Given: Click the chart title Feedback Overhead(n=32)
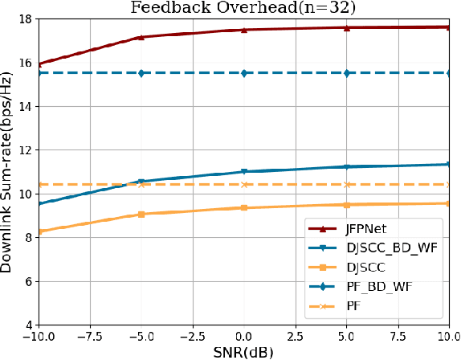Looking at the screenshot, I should [244, 8].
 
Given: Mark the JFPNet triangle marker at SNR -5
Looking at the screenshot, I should [141, 37].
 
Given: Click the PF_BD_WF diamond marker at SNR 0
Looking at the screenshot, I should [244, 73].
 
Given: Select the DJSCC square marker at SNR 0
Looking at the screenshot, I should [244, 207].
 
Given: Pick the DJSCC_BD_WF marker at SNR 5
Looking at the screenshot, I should [347, 167].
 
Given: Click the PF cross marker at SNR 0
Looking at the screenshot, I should [244, 185].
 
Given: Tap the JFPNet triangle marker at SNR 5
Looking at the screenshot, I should [347, 27].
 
